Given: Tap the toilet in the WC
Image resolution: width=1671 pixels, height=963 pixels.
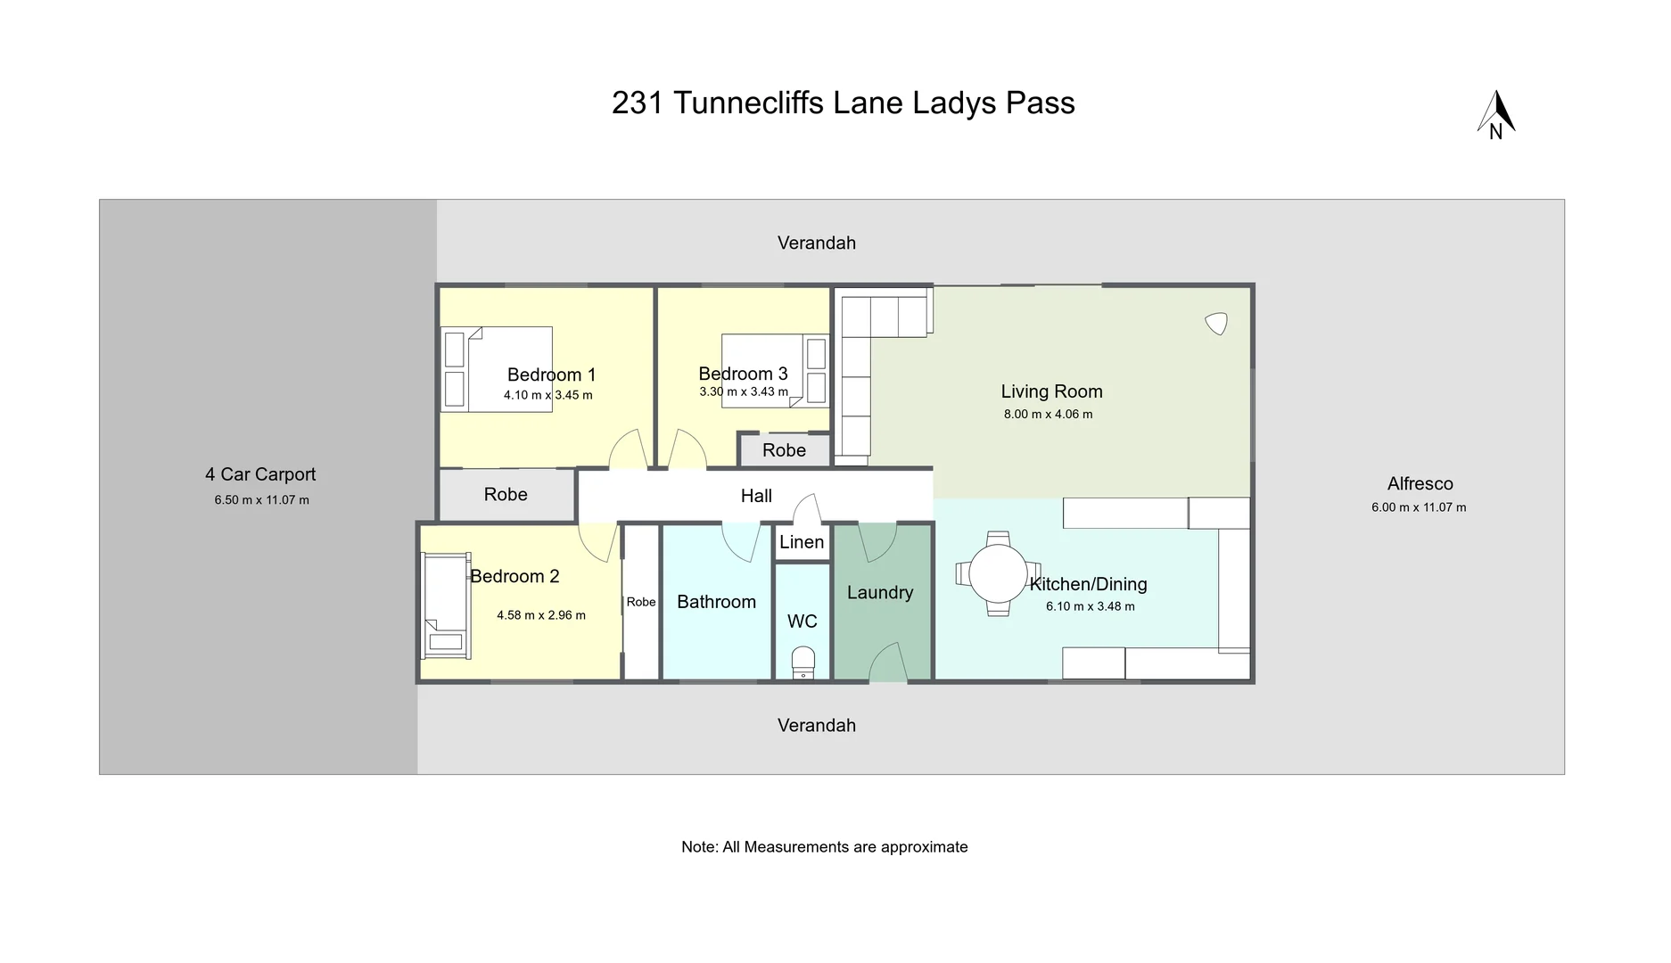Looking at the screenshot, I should [803, 663].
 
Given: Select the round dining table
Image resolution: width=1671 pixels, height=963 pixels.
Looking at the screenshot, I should [998, 574].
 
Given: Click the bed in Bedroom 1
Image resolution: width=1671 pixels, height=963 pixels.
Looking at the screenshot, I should [498, 369].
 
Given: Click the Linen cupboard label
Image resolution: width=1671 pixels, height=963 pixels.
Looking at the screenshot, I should [802, 542].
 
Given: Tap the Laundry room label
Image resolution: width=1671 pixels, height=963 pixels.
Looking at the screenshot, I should [880, 593].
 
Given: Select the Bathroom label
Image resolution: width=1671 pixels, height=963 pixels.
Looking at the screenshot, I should [716, 602].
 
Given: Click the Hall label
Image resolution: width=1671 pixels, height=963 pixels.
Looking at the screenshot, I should [756, 496].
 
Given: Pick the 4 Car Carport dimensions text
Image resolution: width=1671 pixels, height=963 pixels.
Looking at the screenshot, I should [261, 500].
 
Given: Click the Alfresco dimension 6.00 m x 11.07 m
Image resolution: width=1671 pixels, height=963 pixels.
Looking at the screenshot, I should [1418, 507].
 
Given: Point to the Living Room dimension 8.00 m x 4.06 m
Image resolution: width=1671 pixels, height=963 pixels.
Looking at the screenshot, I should [1048, 415].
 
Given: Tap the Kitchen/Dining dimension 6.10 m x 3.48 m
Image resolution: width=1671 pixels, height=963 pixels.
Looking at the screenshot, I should [1090, 606].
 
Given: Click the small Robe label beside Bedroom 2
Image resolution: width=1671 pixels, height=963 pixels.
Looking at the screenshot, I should [640, 602].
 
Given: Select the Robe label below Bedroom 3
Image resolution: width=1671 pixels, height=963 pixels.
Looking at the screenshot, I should [784, 450].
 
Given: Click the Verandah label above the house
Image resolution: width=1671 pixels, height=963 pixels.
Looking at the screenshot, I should [816, 243].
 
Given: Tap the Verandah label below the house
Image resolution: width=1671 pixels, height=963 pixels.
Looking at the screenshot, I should [816, 725].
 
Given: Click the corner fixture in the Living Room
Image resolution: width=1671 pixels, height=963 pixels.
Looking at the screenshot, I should [1216, 323].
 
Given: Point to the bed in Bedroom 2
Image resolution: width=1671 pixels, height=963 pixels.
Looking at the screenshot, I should [446, 605].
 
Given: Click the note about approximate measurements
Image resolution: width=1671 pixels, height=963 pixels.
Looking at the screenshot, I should [824, 847].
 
